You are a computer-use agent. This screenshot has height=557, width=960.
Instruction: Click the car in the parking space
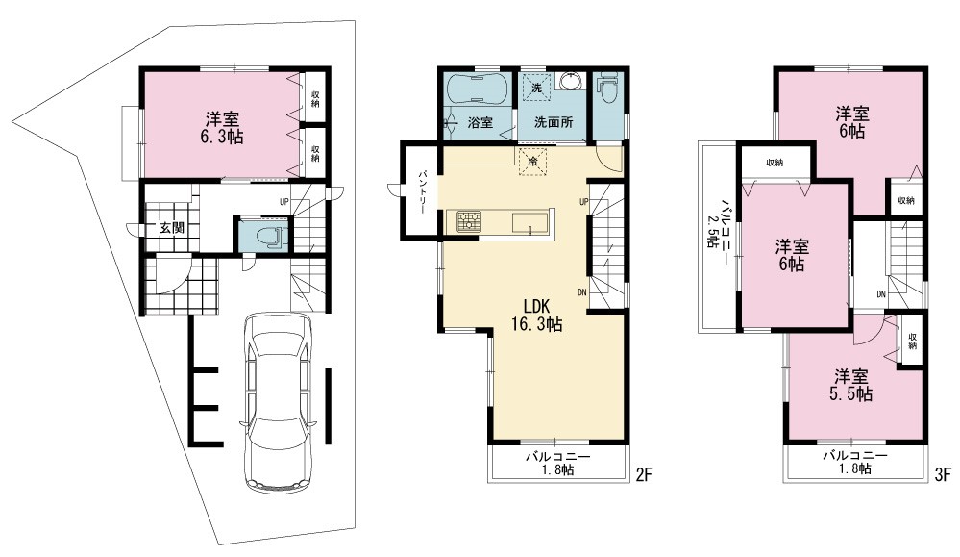pos(278,401)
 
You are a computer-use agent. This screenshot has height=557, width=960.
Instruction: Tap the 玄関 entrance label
pos(172,228)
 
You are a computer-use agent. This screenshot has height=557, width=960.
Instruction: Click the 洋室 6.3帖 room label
pos(222,127)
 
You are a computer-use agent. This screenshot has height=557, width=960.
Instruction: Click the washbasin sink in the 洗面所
pos(571,82)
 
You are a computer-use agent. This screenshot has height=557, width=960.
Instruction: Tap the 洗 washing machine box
pos(537,88)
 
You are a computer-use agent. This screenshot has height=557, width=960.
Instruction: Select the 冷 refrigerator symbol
pos(532,162)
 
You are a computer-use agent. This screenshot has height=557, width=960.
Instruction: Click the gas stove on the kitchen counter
pos(469,221)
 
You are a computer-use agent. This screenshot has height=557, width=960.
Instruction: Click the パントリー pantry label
pos(423,190)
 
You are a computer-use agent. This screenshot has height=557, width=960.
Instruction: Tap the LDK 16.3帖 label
pos(537,315)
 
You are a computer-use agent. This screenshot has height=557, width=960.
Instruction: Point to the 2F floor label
pos(644,473)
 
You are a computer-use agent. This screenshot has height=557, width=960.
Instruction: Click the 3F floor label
pos(943,473)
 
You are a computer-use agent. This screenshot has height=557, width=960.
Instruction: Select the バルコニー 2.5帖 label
pos(718,223)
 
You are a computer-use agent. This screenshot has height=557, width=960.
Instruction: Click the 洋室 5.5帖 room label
pos(851,385)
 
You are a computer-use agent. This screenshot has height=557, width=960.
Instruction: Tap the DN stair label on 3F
pos(881,294)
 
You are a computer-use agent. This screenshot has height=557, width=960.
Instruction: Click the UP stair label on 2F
pos(583,202)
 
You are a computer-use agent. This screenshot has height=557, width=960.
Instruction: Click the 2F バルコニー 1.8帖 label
pos(557,464)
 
